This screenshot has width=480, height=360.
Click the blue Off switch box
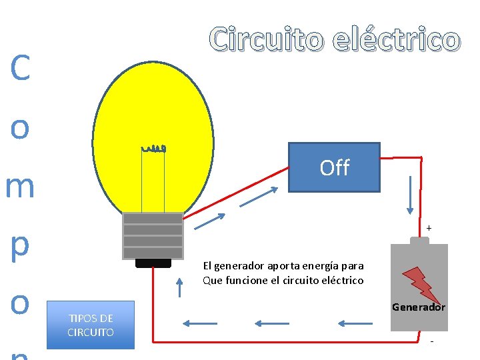pyautogui.click(x=334, y=167)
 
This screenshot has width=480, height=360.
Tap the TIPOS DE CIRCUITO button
pyautogui.click(x=91, y=325)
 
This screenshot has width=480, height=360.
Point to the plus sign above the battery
pyautogui.click(x=429, y=229)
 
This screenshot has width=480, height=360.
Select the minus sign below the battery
pyautogui.click(x=432, y=342)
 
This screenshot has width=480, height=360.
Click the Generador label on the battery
pyautogui.click(x=418, y=307)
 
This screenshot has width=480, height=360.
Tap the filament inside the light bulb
pyautogui.click(x=153, y=149)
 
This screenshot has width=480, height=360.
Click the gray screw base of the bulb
pyautogui.click(x=153, y=235)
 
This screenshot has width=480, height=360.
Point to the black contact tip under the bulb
pyautogui.click(x=153, y=263)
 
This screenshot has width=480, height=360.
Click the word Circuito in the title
pyautogui.click(x=265, y=39)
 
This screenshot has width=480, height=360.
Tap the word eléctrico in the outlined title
pyautogui.click(x=397, y=39)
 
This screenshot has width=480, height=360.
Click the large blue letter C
pyautogui.click(x=20, y=69)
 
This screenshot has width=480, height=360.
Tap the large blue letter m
pyautogui.click(x=20, y=187)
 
